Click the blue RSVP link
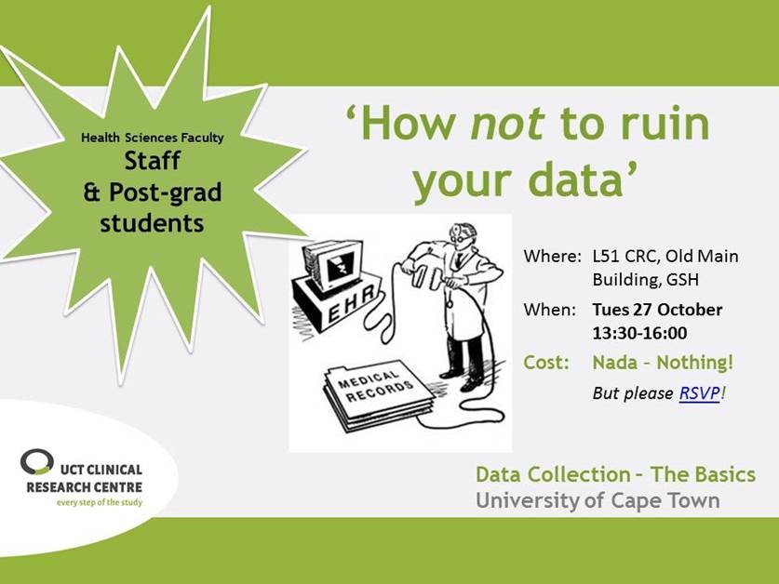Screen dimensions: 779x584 click(699, 393)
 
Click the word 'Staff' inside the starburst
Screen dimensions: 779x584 click(152, 161)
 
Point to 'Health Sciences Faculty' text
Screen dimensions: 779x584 click(153, 138)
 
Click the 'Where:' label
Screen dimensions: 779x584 click(552, 257)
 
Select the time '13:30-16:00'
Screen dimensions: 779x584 click(639, 333)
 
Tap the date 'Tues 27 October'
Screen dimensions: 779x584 click(657, 310)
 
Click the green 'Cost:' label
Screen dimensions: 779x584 click(546, 362)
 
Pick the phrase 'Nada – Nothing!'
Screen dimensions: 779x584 click(663, 362)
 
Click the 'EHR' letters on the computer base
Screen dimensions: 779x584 click(351, 304)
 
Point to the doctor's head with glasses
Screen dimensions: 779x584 click(463, 236)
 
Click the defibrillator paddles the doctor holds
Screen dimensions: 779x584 click(428, 275)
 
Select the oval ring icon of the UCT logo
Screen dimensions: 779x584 click(37, 461)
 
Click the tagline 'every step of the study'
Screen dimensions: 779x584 click(100, 502)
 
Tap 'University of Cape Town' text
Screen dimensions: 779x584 click(598, 499)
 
